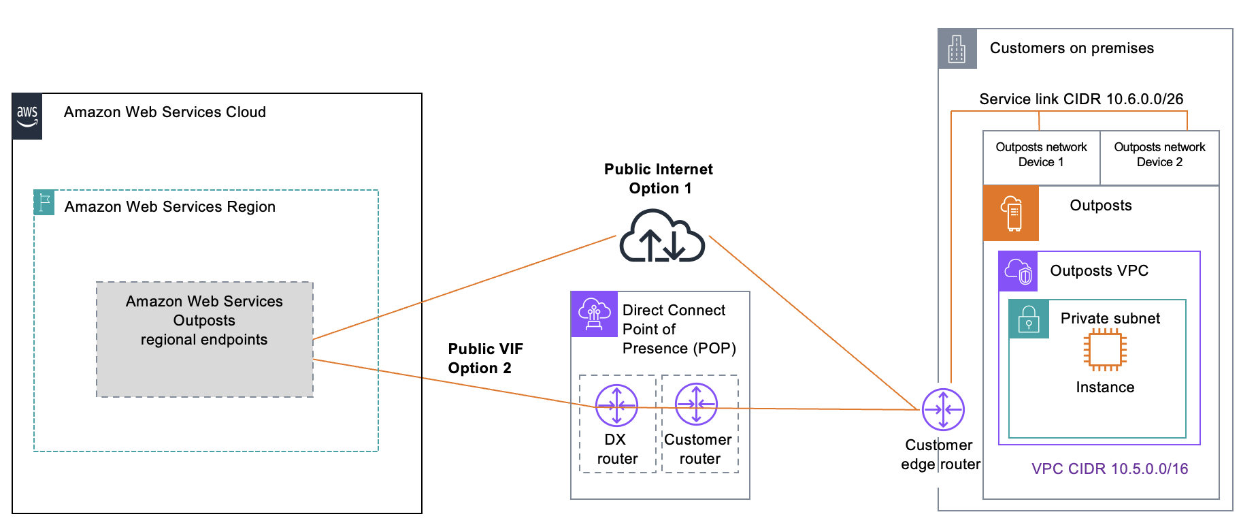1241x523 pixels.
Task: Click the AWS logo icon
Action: click(x=27, y=116)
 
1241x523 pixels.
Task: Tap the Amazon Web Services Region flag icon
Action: click(x=44, y=202)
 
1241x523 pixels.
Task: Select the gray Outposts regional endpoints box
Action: click(x=204, y=339)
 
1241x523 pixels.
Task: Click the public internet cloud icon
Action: click(x=661, y=237)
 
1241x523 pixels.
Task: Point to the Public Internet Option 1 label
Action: click(x=659, y=178)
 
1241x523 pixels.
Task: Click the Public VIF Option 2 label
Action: click(x=484, y=358)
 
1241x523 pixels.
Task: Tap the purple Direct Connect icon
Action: click(x=594, y=315)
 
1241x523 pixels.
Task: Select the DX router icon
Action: click(x=616, y=405)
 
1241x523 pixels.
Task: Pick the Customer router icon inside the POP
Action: click(x=696, y=405)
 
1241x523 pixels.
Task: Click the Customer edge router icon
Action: click(x=943, y=409)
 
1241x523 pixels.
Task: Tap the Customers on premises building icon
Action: click(x=957, y=49)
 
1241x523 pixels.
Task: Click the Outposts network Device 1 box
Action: click(x=1041, y=155)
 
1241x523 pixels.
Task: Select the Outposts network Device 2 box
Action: click(x=1159, y=155)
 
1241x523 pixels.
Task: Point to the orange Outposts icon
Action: click(x=1011, y=213)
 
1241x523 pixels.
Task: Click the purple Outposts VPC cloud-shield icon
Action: click(x=1018, y=271)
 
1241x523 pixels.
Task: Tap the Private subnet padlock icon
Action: click(x=1029, y=319)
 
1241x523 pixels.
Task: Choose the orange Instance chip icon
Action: click(x=1105, y=350)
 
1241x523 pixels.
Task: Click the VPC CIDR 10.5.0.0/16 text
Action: click(x=1110, y=469)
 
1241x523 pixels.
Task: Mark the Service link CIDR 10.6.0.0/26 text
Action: click(x=1081, y=99)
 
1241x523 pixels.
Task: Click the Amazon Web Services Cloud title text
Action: click(x=165, y=112)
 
